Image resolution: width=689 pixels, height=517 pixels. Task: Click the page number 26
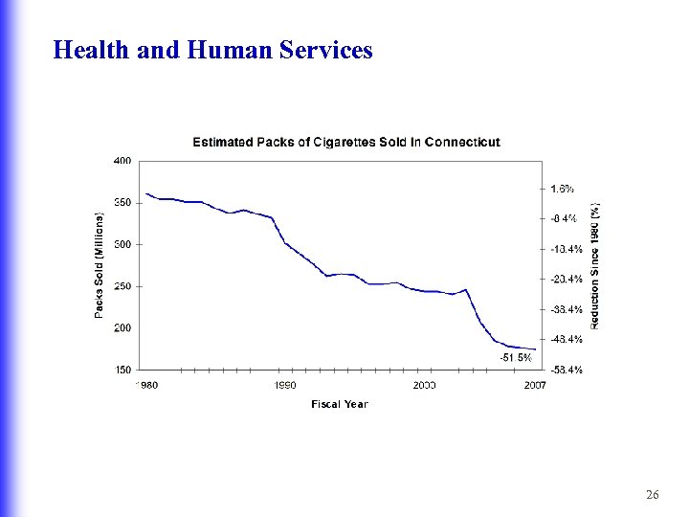click(x=653, y=495)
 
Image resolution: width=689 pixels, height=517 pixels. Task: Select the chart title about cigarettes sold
click(x=345, y=142)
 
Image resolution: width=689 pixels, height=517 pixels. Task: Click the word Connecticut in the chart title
click(x=461, y=142)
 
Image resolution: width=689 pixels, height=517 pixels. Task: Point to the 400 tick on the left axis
click(x=122, y=161)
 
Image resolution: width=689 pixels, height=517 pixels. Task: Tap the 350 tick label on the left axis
click(x=122, y=203)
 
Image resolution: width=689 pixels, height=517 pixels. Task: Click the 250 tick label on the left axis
click(x=122, y=286)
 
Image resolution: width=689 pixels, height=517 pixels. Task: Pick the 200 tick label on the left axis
click(x=122, y=327)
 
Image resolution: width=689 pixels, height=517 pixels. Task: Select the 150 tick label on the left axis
click(x=122, y=370)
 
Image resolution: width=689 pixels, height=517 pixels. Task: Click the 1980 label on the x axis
click(x=145, y=385)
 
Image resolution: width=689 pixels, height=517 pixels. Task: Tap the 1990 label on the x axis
click(x=285, y=385)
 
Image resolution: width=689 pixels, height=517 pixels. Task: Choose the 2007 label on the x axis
click(x=535, y=385)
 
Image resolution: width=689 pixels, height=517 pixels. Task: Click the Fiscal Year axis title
click(x=339, y=404)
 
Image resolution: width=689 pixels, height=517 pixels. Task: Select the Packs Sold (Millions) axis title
click(x=99, y=265)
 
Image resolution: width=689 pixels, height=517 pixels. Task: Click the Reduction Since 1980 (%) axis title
click(x=594, y=265)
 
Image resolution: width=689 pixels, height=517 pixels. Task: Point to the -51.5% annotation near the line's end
click(x=515, y=357)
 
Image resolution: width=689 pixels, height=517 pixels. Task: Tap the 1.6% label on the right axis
click(x=563, y=189)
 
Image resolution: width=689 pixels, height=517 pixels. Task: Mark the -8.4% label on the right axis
click(x=564, y=218)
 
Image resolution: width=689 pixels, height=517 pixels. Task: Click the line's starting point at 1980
click(x=146, y=194)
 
